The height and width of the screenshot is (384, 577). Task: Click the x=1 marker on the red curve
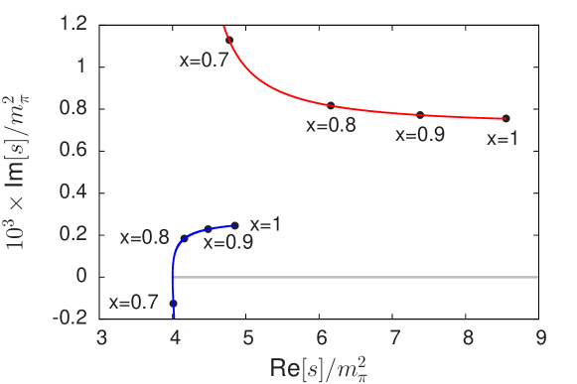coord(505,119)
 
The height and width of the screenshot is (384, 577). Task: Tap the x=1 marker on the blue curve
coord(235,225)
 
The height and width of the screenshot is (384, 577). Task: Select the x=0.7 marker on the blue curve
coord(174,303)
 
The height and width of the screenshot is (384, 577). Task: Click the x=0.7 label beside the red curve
coord(205,60)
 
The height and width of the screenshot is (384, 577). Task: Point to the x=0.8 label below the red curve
coord(331,125)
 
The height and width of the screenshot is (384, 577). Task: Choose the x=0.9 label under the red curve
coord(420,134)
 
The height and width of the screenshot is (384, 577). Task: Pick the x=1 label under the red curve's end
coord(503,139)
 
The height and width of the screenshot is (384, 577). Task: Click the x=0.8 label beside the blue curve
coord(145,238)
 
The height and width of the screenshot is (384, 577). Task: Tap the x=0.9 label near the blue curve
coord(228,242)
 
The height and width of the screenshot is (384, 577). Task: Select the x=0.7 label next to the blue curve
coord(134,303)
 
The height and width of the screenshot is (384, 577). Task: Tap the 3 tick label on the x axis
coord(102,337)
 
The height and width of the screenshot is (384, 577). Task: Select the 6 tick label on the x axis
coord(322,337)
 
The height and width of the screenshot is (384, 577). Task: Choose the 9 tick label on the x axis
coord(541,337)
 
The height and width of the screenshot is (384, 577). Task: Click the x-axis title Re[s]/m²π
coord(322,367)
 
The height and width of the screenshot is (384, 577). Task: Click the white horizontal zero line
coord(358,276)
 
